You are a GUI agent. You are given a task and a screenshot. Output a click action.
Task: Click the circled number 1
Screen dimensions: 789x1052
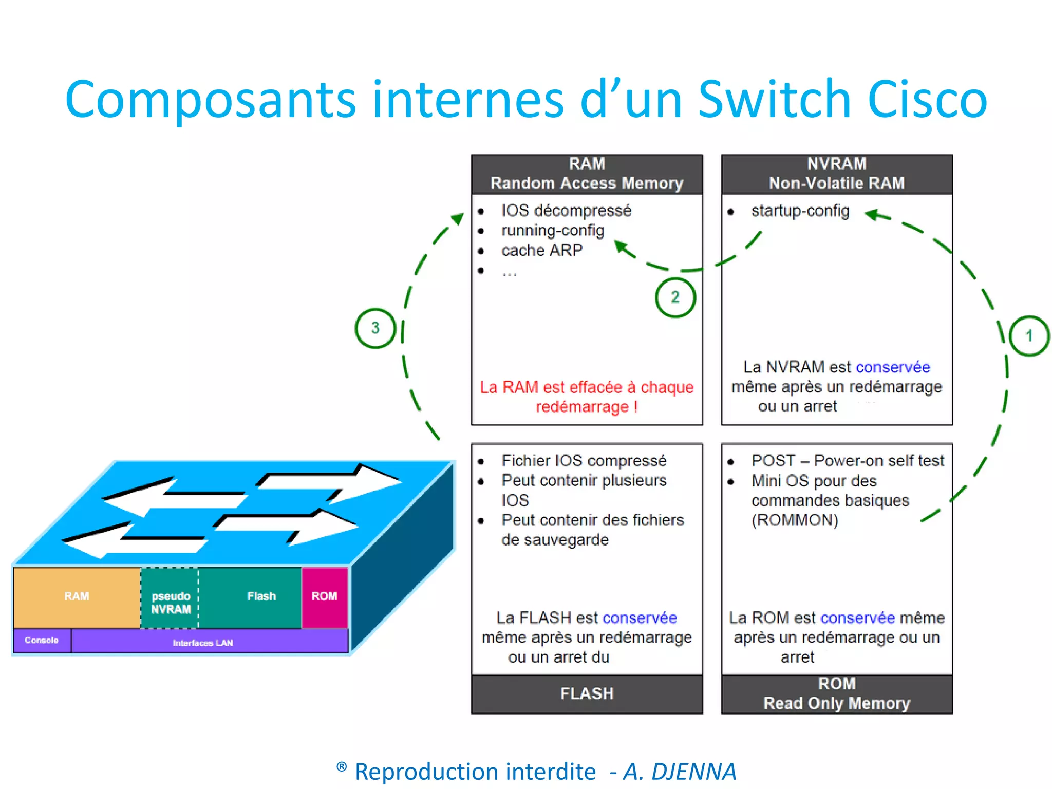[1029, 336]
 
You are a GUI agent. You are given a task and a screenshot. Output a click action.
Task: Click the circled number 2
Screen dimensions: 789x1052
[675, 297]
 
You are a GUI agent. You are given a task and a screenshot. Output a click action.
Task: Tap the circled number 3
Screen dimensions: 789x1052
[375, 328]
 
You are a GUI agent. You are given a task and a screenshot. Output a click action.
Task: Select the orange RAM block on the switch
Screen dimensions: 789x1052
[77, 596]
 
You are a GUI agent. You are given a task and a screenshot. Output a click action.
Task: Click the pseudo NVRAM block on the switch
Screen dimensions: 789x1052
[171, 603]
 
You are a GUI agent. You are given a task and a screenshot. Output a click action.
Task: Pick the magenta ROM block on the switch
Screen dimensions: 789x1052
[324, 596]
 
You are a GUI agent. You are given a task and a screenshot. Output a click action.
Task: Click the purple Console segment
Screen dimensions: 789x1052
[42, 641]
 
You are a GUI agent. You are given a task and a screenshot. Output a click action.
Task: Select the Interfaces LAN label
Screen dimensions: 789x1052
[203, 643]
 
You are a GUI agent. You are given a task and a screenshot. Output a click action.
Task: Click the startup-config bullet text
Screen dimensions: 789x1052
[800, 211]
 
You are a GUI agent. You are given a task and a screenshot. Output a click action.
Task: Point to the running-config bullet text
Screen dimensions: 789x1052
[552, 231]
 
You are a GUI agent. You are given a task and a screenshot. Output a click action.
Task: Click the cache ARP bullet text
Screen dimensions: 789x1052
[542, 251]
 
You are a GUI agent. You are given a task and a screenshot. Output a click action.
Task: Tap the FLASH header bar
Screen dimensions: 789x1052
[587, 694]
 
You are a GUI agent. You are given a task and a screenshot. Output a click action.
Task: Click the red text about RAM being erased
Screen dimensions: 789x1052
[587, 397]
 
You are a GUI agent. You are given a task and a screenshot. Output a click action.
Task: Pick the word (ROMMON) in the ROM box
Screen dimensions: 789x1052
[795, 520]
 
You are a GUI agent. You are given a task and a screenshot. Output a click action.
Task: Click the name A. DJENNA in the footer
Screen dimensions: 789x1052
[680, 772]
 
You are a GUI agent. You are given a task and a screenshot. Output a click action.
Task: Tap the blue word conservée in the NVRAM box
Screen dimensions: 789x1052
[893, 367]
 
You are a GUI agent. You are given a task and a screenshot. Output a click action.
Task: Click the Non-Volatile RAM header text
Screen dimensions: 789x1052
[836, 183]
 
